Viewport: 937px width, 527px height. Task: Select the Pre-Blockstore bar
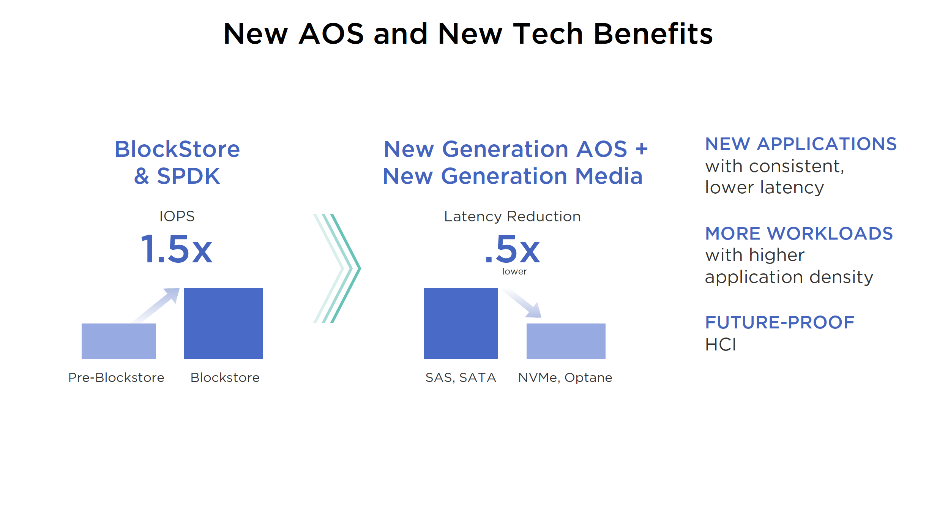click(118, 341)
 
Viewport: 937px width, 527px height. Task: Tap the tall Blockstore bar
click(223, 323)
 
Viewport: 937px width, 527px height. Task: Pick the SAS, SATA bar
click(461, 323)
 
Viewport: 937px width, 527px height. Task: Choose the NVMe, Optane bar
click(566, 341)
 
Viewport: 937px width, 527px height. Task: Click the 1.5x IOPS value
click(177, 249)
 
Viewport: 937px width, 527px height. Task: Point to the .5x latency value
click(513, 249)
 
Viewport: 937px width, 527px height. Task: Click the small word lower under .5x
click(514, 271)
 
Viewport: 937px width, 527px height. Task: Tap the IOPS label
click(177, 216)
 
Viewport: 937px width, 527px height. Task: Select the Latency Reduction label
click(512, 216)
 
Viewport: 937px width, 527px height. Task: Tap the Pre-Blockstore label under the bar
click(116, 377)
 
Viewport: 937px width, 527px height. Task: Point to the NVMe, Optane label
click(565, 377)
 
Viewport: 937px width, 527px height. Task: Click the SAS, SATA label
click(461, 377)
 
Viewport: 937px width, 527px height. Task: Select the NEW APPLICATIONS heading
click(801, 144)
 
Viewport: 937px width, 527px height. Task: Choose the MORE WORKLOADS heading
click(799, 233)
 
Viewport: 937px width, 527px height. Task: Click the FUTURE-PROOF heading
click(780, 322)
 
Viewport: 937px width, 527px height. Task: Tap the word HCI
click(720, 345)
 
